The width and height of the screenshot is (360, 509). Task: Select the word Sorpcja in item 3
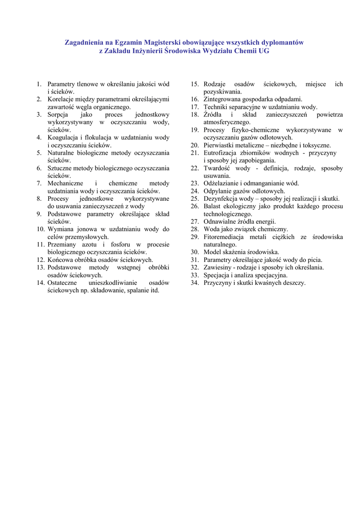[58, 115]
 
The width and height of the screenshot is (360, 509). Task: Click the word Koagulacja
[63, 138]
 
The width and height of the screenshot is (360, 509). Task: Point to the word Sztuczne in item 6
[60, 168]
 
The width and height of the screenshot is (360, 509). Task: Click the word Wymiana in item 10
[59, 229]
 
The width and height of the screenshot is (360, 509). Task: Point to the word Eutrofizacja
[220, 153]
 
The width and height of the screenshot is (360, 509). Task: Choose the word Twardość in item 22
[217, 169]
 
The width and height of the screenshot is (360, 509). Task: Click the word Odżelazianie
[221, 183]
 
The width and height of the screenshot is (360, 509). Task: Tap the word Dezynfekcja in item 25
[220, 199]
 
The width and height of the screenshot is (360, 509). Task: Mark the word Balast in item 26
[212, 206]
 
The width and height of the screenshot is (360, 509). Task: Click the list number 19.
[194, 130]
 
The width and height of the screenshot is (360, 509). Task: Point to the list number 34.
[194, 283]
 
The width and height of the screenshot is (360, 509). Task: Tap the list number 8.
[38, 199]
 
